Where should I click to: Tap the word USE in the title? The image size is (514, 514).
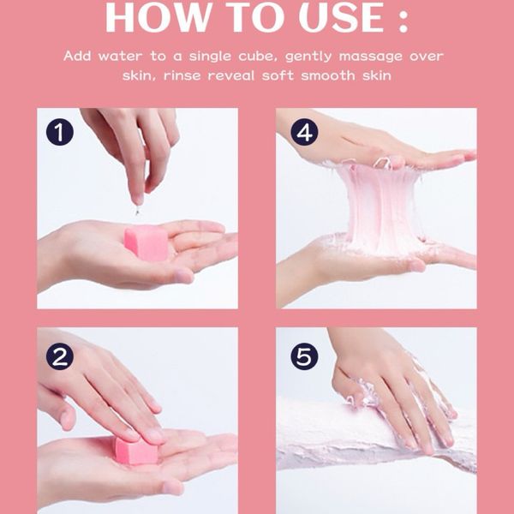pyautogui.click(x=341, y=17)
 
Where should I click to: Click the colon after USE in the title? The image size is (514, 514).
pyautogui.click(x=403, y=21)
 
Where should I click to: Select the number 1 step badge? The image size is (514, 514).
pyautogui.click(x=60, y=132)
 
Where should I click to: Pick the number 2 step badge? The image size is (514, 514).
pyautogui.click(x=60, y=356)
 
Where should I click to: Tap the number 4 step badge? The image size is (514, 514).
pyautogui.click(x=304, y=132)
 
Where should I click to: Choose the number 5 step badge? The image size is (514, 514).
pyautogui.click(x=304, y=356)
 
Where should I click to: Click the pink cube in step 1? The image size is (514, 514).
pyautogui.click(x=146, y=242)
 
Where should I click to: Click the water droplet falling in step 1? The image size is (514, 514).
pyautogui.click(x=137, y=211)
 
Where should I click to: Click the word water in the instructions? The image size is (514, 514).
pyautogui.click(x=120, y=57)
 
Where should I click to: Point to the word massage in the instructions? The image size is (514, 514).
pyautogui.click(x=371, y=57)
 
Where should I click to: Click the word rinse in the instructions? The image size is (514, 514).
pyautogui.click(x=182, y=75)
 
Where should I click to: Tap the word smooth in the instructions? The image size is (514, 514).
pyautogui.click(x=328, y=75)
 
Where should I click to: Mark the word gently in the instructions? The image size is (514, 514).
pyautogui.click(x=308, y=57)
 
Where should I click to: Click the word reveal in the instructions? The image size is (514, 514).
pyautogui.click(x=231, y=75)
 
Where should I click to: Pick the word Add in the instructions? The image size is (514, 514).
pyautogui.click(x=77, y=56)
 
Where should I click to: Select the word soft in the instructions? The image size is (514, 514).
pyautogui.click(x=278, y=75)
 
